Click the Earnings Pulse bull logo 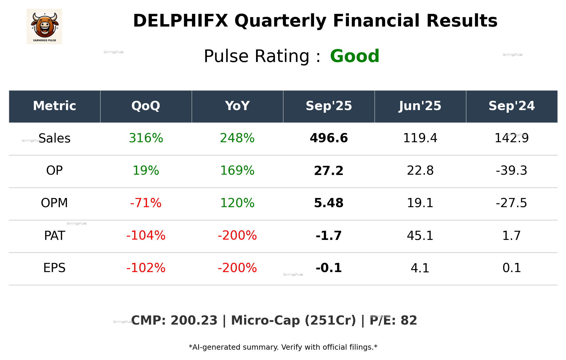44,27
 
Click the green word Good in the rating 355,56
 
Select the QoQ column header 146,106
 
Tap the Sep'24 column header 511,106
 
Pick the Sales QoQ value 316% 146,138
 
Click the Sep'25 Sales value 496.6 329,138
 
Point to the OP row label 55,171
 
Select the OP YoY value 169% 237,171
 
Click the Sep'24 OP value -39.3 511,171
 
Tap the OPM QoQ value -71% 146,203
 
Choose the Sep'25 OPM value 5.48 329,203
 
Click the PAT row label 55,235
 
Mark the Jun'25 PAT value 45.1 420,235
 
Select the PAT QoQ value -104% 146,235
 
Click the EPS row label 55,268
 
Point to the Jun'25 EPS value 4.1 420,268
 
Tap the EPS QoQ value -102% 146,268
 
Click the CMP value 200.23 194,320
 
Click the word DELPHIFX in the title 181,21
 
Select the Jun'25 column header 420,106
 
